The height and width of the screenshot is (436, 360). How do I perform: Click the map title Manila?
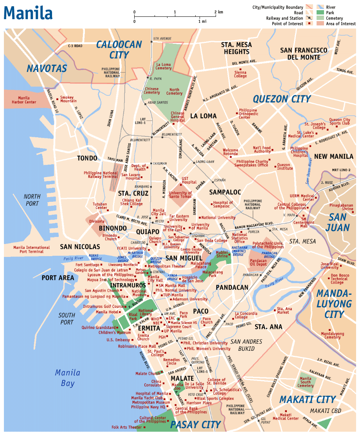pos(28,13)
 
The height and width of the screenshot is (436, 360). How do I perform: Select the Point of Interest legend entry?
pos(288,24)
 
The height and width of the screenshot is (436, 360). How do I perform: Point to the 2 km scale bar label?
pos(218,12)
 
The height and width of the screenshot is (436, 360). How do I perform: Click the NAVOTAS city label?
pos(47,68)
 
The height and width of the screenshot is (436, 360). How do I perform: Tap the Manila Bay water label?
pos(67,378)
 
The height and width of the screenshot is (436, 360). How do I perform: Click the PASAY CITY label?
pos(196,424)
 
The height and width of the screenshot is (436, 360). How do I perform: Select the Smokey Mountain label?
pos(68,99)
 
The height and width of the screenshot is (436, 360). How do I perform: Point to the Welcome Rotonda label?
pos(230,152)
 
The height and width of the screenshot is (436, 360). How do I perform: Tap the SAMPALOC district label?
pos(225,192)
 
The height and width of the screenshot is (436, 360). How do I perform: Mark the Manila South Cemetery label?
pos(305,382)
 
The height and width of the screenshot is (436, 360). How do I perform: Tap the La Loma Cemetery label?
pos(164,66)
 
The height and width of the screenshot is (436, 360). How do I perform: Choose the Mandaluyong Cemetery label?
pos(333,336)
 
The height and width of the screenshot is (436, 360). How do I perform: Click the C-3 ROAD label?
pos(75,46)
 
